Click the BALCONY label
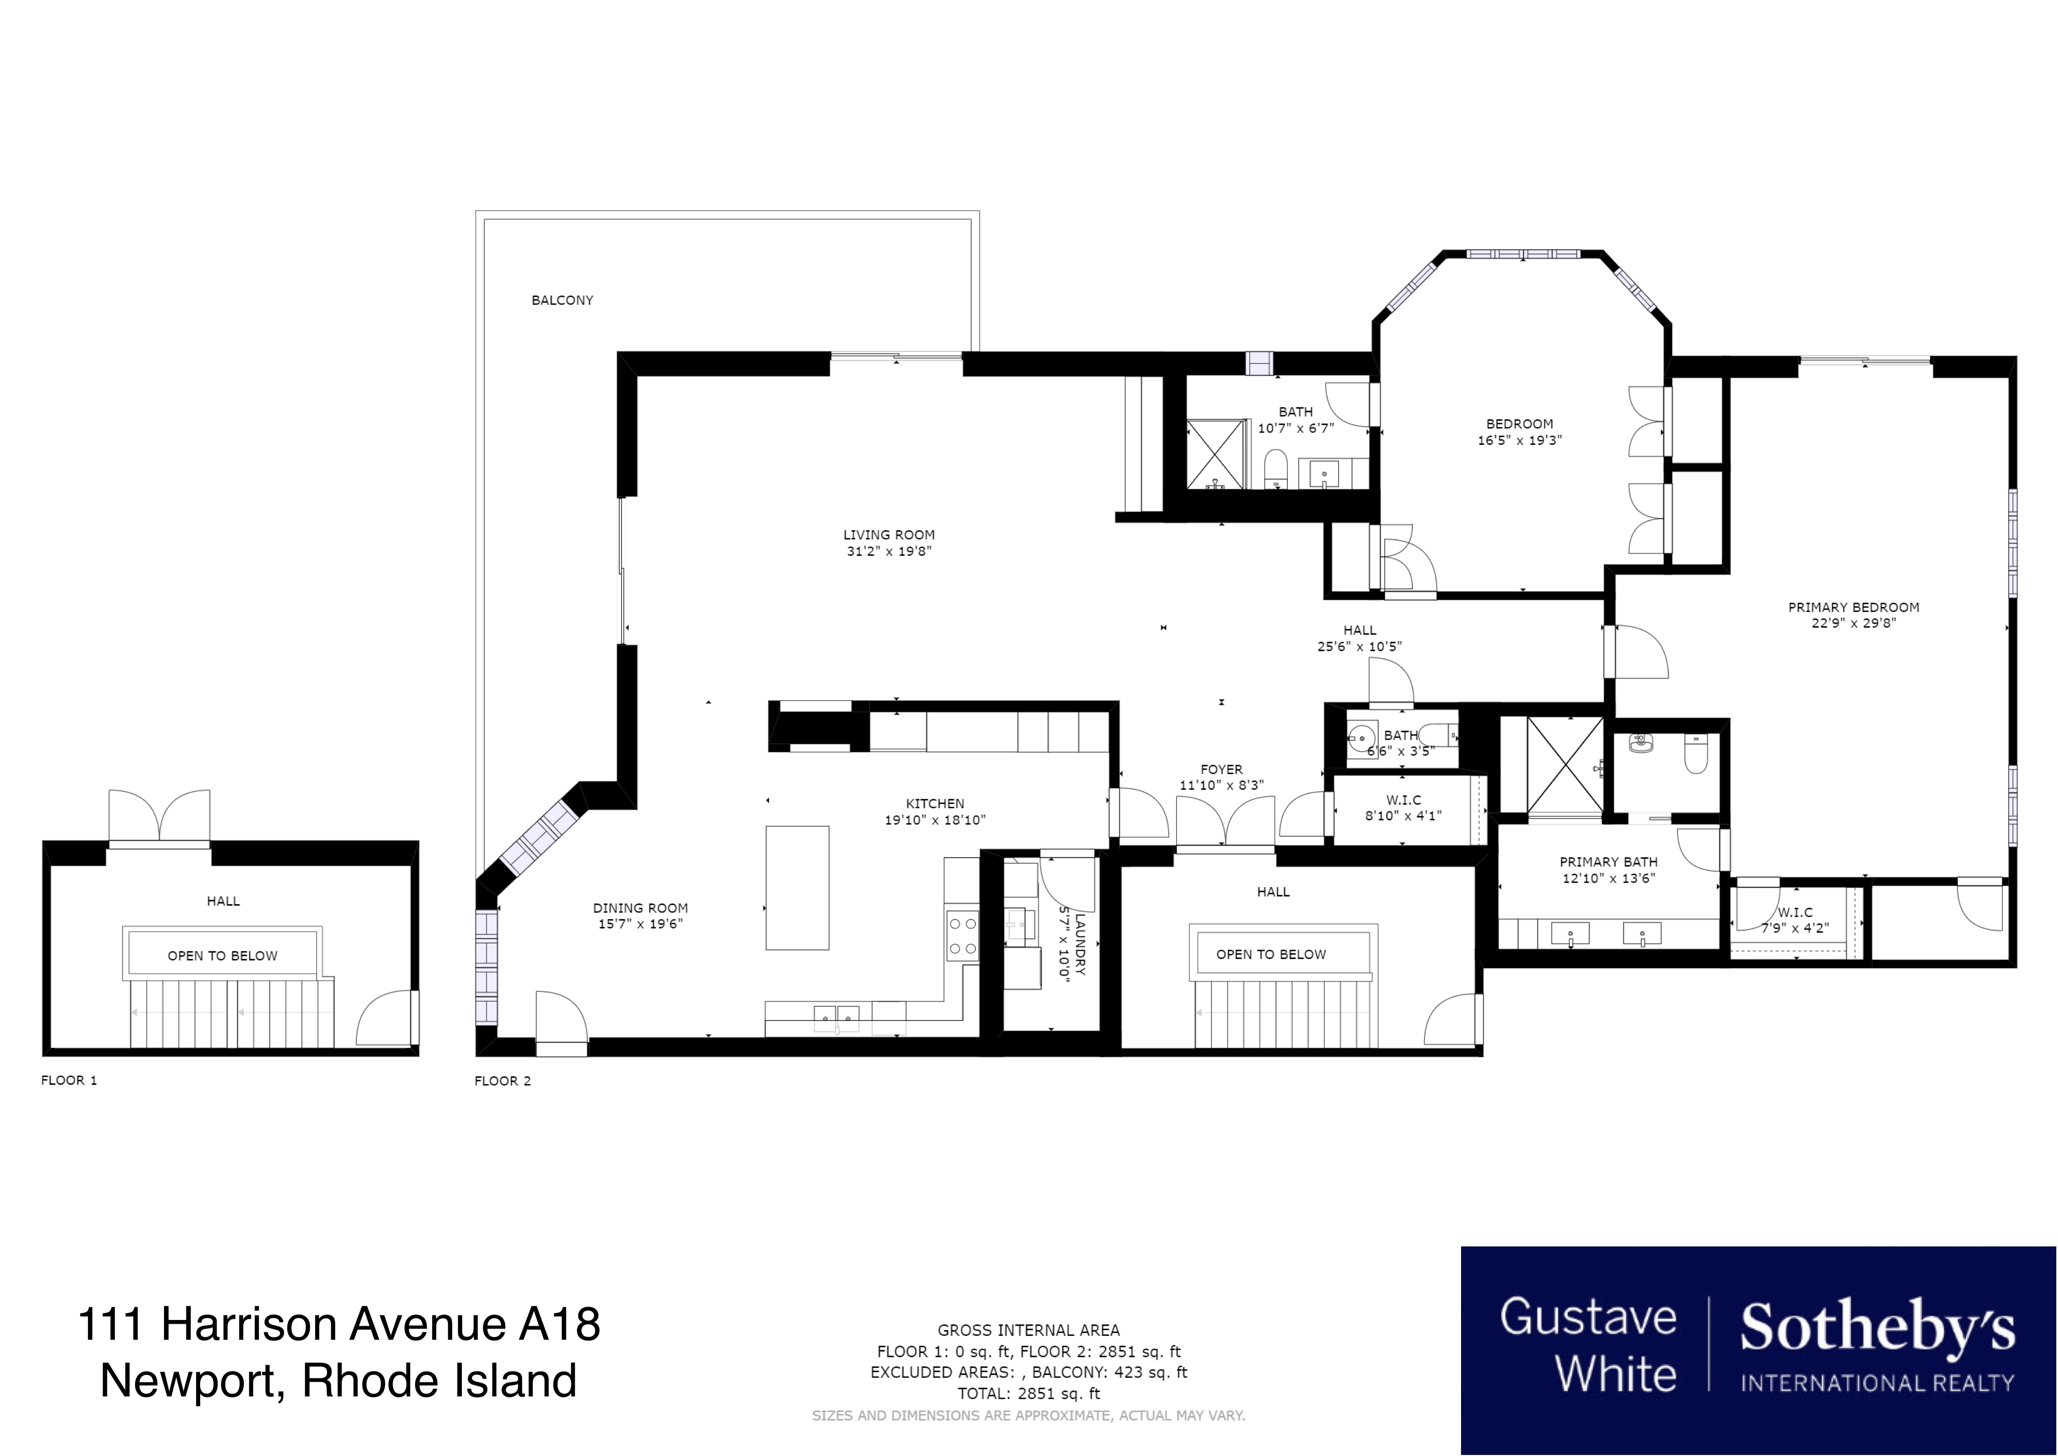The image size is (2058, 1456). (x=562, y=300)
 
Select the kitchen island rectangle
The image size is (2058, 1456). (x=797, y=888)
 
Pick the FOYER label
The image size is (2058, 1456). (x=1222, y=769)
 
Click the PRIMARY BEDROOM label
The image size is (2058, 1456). (x=1854, y=607)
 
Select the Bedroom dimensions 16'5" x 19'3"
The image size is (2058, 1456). (x=1519, y=440)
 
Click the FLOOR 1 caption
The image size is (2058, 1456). (x=69, y=1080)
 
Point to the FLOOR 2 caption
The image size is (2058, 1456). (x=503, y=1081)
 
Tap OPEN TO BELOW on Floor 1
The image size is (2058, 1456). (x=222, y=956)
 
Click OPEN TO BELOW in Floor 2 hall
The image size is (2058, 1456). (x=1271, y=954)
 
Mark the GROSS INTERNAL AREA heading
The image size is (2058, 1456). (x=1028, y=1330)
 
